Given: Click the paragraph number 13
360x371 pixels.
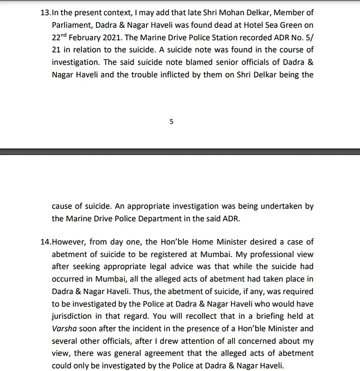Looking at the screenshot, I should pyautogui.click(x=44, y=12).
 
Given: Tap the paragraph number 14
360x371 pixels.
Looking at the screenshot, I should pyautogui.click(x=44, y=241).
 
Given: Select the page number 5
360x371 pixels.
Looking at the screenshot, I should pyautogui.click(x=171, y=121).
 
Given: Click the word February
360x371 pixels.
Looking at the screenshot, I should pyautogui.click(x=96, y=37).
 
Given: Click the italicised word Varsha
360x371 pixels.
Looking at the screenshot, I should pyautogui.click(x=63, y=329).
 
